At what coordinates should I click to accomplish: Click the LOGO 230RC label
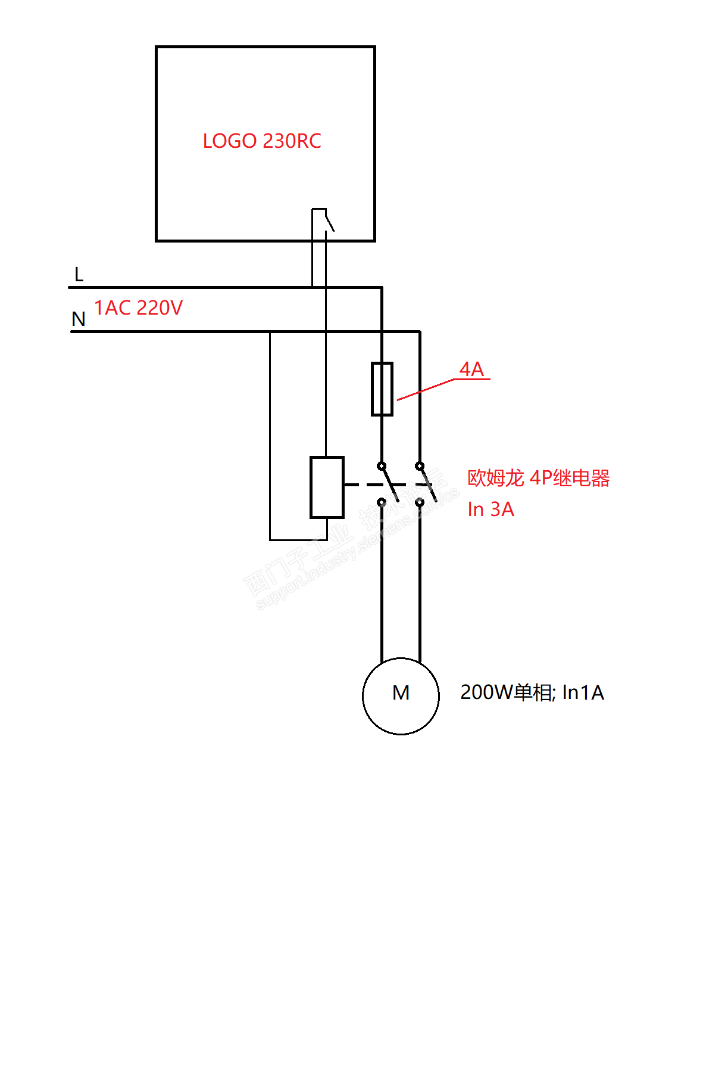(262, 141)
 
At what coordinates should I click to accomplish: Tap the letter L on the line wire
(79, 275)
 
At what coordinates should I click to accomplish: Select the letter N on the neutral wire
(79, 319)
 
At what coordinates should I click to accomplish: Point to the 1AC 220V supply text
(139, 307)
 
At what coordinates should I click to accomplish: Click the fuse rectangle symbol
(382, 389)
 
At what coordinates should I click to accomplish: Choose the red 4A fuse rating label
(471, 369)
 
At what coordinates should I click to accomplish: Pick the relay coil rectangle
(327, 487)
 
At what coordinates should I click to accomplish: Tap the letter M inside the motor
(401, 692)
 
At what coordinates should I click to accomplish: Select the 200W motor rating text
(532, 692)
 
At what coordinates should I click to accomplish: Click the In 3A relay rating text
(490, 510)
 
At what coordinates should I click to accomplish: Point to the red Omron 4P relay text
(538, 478)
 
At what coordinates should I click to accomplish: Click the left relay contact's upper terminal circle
(382, 465)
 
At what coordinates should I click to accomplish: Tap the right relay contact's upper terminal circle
(420, 465)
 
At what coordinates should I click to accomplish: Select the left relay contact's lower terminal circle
(382, 502)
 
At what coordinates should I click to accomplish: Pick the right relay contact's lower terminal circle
(420, 502)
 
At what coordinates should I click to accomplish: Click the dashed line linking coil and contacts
(360, 485)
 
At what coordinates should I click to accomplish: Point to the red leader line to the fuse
(426, 389)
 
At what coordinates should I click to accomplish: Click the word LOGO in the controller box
(230, 141)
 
